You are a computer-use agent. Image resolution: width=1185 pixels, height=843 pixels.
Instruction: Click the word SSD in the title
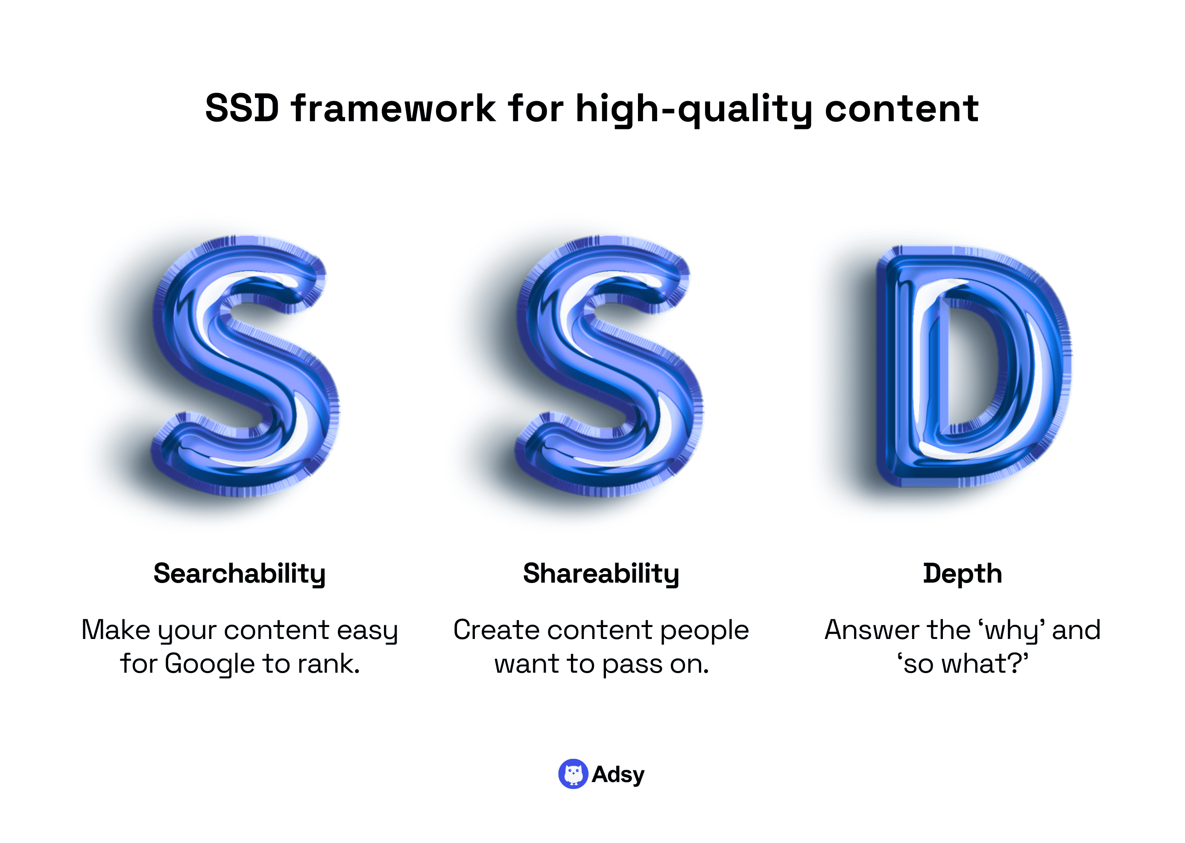242,108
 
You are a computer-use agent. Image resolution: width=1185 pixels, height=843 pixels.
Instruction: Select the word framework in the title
393,108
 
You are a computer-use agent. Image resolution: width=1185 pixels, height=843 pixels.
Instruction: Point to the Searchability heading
240,574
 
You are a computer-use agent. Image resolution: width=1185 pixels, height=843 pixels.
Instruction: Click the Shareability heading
601,574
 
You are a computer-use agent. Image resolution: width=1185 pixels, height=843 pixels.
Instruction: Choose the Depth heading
962,574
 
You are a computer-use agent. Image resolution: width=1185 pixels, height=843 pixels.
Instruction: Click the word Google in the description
209,665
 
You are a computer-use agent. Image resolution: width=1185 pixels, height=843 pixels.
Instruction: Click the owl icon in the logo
573,774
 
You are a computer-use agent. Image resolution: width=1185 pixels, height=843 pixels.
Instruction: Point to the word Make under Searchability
116,630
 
